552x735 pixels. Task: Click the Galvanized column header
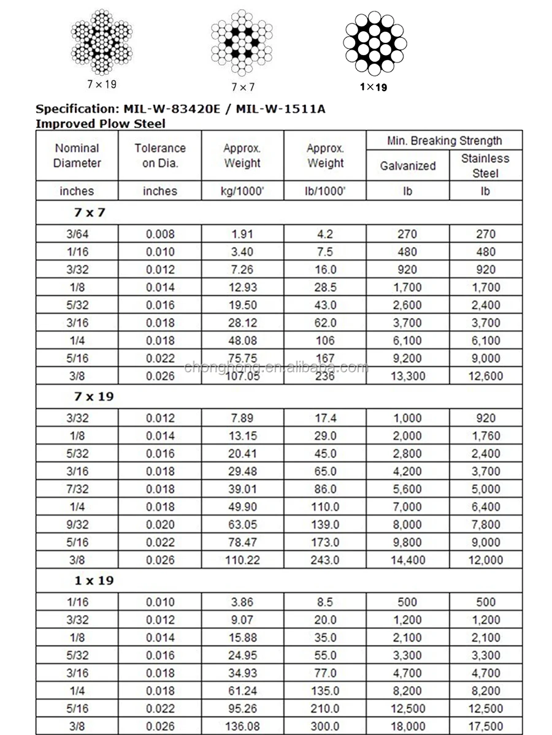(x=408, y=165)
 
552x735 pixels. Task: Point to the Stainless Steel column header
(x=485, y=165)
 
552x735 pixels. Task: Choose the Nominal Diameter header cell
(x=77, y=156)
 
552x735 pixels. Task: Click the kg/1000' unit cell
(x=242, y=191)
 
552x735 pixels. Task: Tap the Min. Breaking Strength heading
(x=444, y=140)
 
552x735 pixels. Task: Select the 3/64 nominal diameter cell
(x=77, y=234)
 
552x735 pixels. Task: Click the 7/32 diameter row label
(x=77, y=489)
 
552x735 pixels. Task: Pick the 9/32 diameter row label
(x=77, y=524)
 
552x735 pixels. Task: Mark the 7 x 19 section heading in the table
(x=94, y=396)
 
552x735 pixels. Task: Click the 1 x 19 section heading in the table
(x=94, y=580)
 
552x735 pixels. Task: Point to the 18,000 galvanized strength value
(x=407, y=727)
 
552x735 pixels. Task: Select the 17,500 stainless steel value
(x=485, y=727)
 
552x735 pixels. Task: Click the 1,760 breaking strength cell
(x=485, y=436)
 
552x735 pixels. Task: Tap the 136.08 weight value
(x=242, y=727)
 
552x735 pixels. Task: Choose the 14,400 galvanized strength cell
(x=407, y=560)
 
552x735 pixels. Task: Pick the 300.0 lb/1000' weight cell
(x=326, y=727)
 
